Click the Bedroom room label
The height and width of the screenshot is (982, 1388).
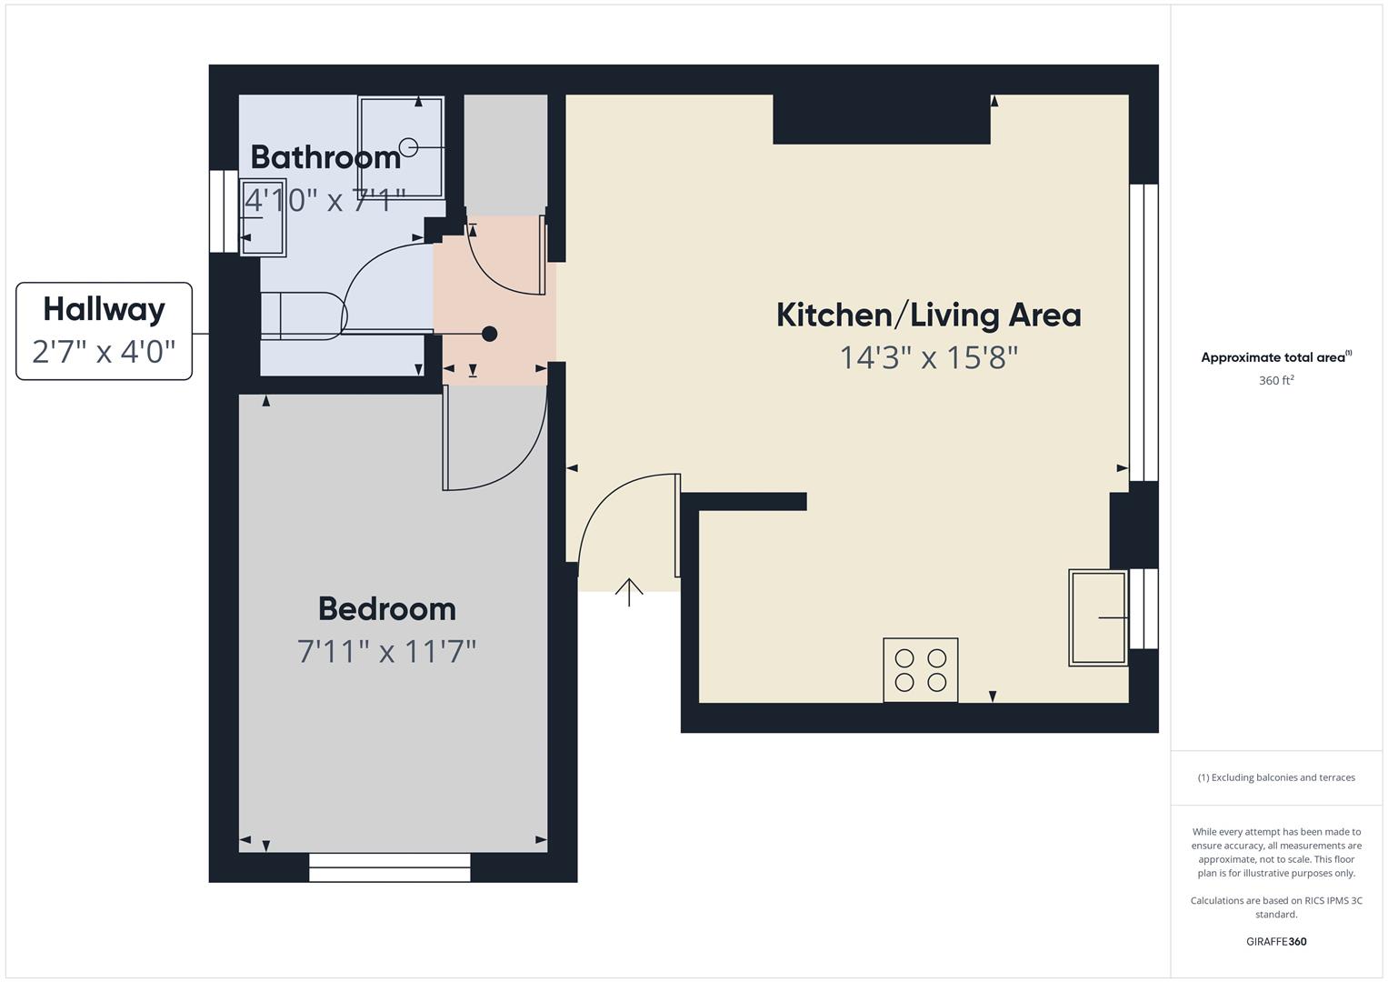pos(386,608)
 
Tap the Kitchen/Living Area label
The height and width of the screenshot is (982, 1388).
pos(928,316)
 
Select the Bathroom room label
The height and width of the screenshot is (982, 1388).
pos(325,157)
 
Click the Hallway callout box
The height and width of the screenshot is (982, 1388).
pos(104,330)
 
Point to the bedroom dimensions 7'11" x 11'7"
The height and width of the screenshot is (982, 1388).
pos(386,651)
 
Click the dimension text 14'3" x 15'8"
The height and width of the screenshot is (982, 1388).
pos(928,357)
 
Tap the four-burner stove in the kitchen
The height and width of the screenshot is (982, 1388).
pos(920,670)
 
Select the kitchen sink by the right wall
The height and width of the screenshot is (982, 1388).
pos(1098,617)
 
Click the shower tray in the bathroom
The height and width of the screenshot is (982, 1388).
pos(401,147)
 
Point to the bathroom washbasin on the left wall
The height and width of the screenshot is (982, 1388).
pos(264,217)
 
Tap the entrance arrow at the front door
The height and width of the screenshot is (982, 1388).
pos(629,591)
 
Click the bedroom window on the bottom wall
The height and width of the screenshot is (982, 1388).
pos(389,867)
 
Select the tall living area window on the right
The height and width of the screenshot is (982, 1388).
pos(1143,332)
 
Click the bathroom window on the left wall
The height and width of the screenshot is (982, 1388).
pos(223,211)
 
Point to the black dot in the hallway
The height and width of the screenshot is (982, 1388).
pos(489,334)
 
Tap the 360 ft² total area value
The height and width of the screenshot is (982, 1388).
pos(1275,381)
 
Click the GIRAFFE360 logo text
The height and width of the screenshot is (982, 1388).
pos(1275,941)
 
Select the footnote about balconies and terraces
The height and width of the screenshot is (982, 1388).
pos(1275,777)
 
